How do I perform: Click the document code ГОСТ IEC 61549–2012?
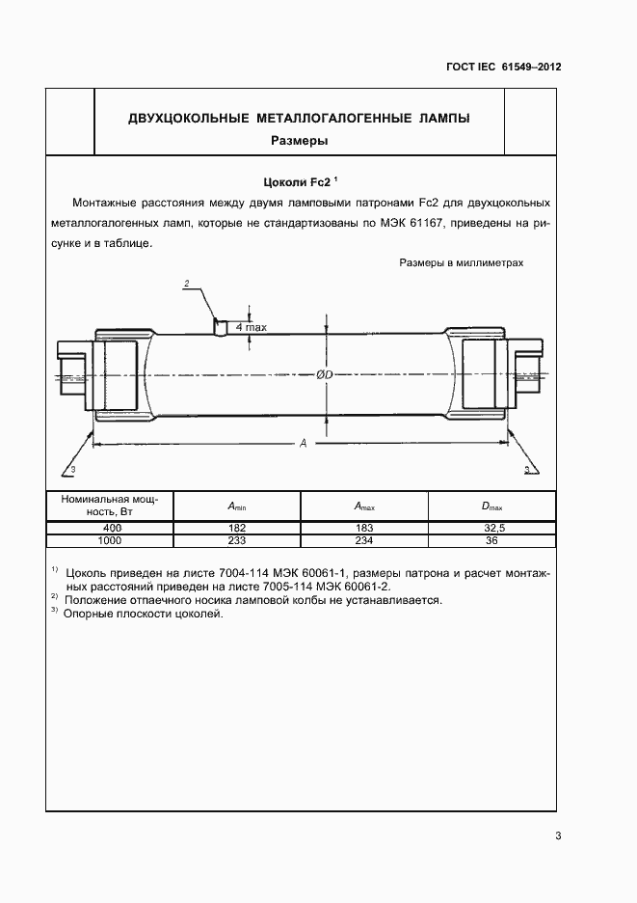click(x=504, y=67)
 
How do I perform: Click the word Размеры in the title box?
click(x=299, y=140)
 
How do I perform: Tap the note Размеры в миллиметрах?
click(x=462, y=262)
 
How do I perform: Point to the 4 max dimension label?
click(x=251, y=328)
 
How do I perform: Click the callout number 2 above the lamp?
click(x=186, y=283)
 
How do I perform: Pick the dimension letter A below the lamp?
click(x=303, y=443)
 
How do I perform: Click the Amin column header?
click(x=237, y=506)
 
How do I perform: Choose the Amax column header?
click(x=364, y=506)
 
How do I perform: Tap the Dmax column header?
click(x=491, y=506)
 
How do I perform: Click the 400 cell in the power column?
click(x=111, y=528)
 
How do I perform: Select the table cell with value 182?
click(x=237, y=528)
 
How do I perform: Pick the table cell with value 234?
click(x=364, y=540)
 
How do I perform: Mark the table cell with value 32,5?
click(x=491, y=528)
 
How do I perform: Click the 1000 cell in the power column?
click(x=111, y=540)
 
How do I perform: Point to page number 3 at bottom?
click(x=558, y=836)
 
